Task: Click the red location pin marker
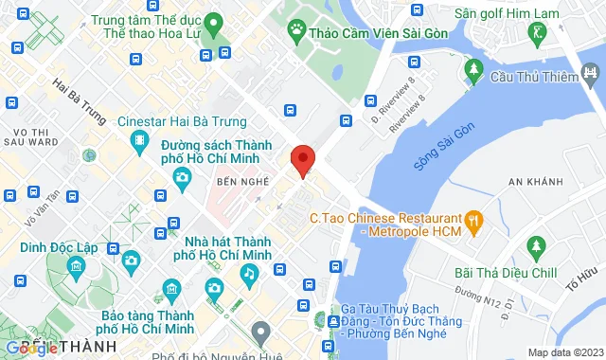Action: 302,160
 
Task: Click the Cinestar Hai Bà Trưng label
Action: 182,121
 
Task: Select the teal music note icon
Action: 248,273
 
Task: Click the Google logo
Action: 32,348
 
